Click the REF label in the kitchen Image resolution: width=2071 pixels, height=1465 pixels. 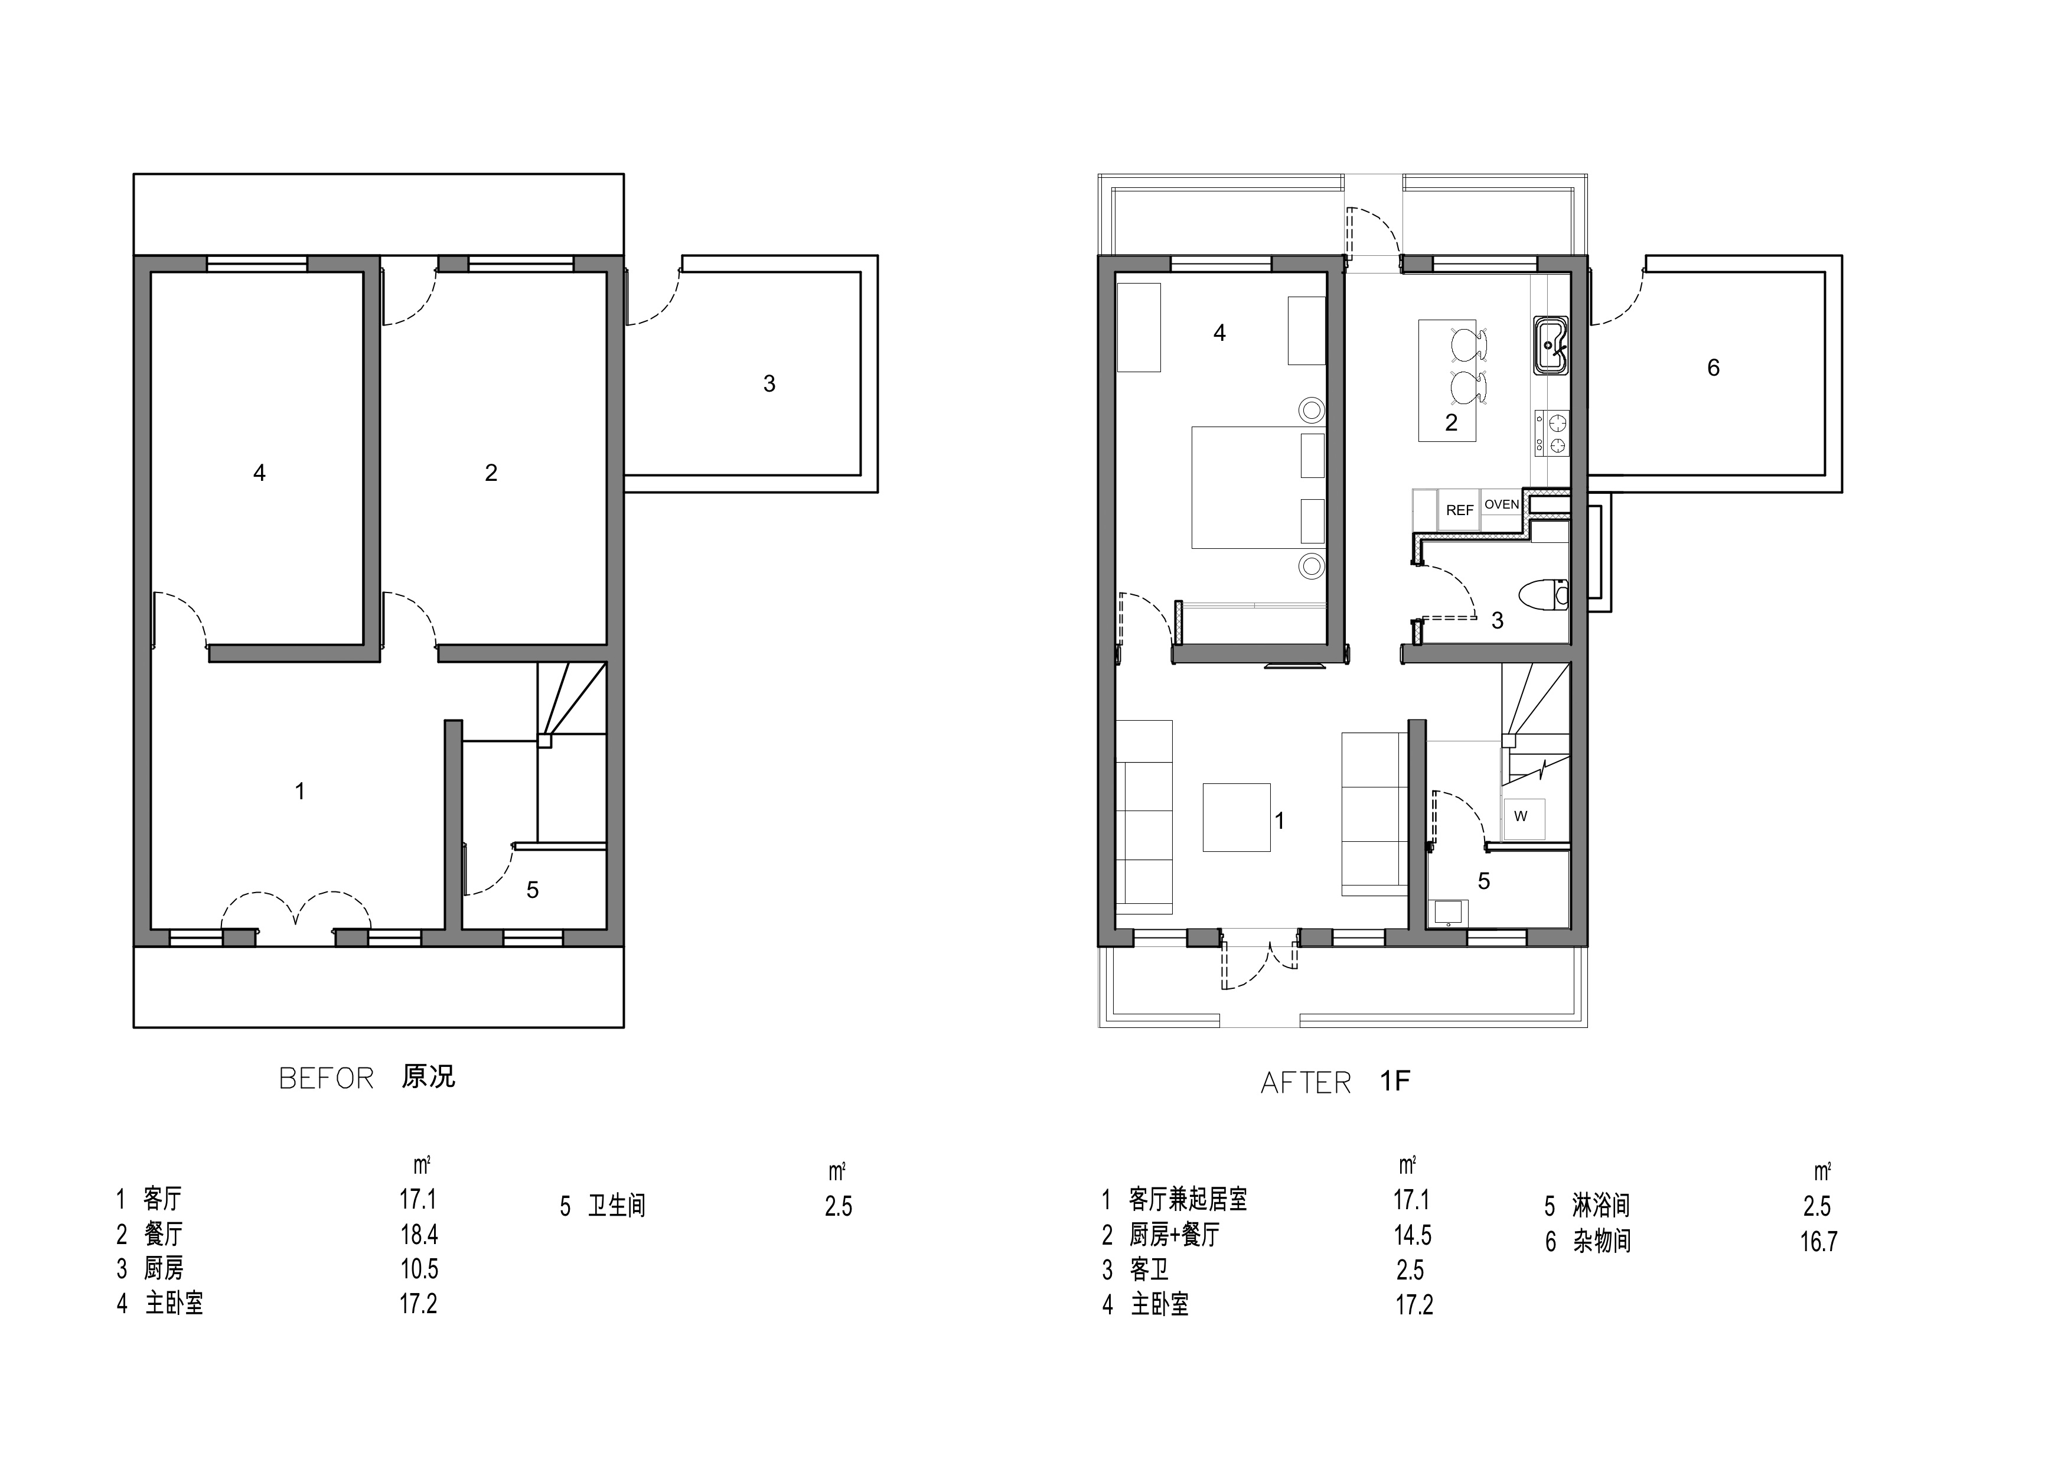1459,510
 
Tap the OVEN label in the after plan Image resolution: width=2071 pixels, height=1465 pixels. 1501,504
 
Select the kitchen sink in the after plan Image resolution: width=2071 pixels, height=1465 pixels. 1551,346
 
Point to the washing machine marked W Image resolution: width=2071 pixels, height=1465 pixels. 1522,818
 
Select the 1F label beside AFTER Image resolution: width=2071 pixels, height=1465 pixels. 1394,1082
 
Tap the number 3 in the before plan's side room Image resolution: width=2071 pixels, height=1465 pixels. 769,385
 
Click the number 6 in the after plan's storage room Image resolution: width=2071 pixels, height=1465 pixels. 1714,368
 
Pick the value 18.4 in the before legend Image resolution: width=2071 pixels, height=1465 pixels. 419,1234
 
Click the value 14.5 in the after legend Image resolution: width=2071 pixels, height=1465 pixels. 1413,1235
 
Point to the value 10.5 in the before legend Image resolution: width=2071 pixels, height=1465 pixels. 419,1269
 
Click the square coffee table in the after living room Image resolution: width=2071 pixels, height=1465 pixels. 1237,818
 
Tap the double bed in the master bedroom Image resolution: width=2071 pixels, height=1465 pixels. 1258,487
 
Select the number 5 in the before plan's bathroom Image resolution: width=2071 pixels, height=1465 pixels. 533,890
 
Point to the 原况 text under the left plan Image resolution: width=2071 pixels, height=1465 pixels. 429,1077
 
